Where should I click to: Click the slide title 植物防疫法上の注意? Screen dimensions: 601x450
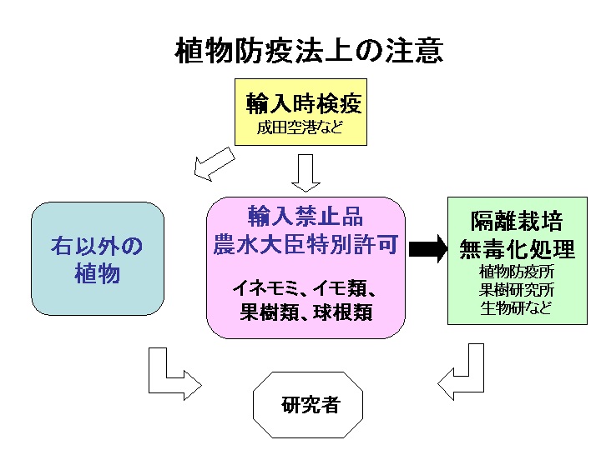(309, 50)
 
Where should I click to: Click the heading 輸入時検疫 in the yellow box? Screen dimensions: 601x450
(304, 103)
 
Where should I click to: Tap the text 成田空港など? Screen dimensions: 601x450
(300, 127)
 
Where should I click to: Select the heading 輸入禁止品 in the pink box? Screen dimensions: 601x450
(306, 216)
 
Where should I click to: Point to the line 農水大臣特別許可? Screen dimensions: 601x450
(306, 244)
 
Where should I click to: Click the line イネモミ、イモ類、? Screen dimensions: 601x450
(305, 287)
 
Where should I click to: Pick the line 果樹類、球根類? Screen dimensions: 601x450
(306, 312)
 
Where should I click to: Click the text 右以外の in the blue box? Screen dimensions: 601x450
(97, 246)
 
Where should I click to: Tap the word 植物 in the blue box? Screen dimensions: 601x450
(98, 273)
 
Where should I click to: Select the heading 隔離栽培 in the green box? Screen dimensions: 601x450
(517, 221)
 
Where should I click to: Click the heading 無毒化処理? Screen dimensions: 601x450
(517, 249)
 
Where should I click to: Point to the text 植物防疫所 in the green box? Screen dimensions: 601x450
(517, 272)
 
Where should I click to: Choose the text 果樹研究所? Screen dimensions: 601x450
(517, 290)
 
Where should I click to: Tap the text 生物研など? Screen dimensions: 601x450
(516, 307)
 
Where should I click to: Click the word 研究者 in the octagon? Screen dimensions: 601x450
(311, 404)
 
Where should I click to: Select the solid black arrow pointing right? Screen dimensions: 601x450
(428, 248)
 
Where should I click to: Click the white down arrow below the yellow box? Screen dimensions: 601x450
(306, 173)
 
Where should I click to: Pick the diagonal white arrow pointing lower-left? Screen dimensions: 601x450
(214, 164)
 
